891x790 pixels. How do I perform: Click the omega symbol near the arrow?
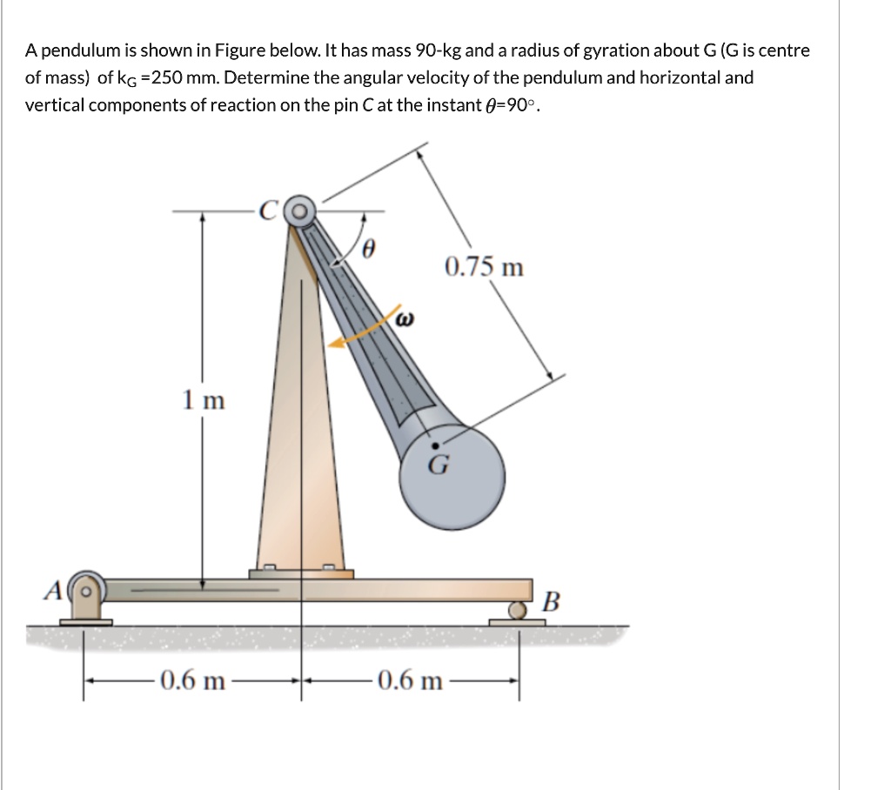[x=403, y=320]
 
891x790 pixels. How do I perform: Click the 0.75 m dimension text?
[x=484, y=266]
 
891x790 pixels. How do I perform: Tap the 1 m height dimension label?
[x=204, y=400]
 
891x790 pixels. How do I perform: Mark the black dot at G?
[x=436, y=445]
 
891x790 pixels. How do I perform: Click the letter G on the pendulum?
[x=438, y=465]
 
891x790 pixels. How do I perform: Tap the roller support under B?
[x=519, y=612]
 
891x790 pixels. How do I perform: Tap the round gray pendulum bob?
[x=457, y=479]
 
